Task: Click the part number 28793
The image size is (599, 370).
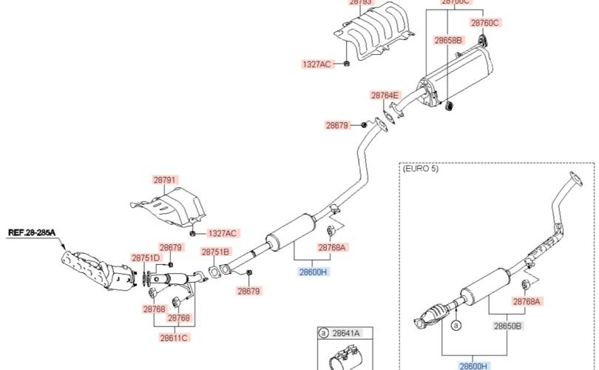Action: (x=360, y=3)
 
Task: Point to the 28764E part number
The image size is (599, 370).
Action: (x=385, y=95)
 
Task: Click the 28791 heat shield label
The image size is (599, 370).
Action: (x=166, y=180)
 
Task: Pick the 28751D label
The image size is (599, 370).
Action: (x=146, y=258)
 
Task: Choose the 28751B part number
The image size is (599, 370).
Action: (x=215, y=252)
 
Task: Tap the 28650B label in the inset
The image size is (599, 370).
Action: (x=508, y=325)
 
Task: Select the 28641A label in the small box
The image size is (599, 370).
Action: (x=345, y=334)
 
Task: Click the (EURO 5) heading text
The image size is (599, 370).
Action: (x=421, y=169)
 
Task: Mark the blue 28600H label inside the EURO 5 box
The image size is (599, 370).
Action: (x=473, y=365)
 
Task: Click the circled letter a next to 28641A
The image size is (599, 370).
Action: (x=323, y=334)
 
